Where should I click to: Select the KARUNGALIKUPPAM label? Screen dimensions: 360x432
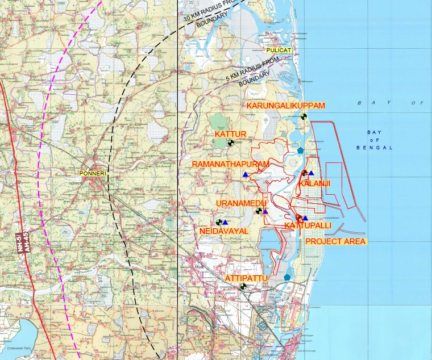(x=286, y=106)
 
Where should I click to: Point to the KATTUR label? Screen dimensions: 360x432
(x=230, y=135)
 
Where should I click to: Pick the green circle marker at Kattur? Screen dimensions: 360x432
(x=231, y=143)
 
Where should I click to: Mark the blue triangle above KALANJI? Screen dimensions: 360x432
(x=311, y=173)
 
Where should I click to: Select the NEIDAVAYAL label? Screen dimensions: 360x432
(x=224, y=232)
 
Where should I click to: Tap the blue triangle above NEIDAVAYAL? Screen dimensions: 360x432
(x=225, y=222)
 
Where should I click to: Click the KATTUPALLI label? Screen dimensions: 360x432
(x=308, y=226)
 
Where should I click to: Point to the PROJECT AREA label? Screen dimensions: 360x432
(x=335, y=241)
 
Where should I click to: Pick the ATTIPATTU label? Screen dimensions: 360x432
(x=246, y=278)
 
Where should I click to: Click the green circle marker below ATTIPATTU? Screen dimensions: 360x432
(x=243, y=287)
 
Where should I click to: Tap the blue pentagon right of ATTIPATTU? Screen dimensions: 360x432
(x=287, y=277)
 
